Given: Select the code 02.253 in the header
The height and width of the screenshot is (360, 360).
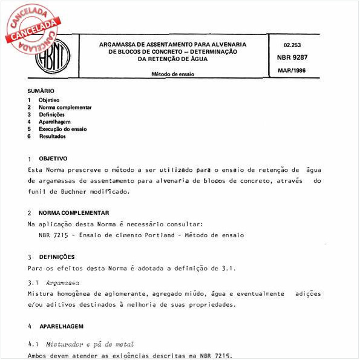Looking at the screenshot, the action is click(x=292, y=46).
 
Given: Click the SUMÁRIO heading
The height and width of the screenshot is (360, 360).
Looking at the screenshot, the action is click(x=41, y=91).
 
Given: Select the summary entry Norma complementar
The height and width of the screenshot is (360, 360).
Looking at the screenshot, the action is click(x=65, y=107).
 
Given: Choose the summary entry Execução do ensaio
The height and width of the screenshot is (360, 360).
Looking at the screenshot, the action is click(x=62, y=129).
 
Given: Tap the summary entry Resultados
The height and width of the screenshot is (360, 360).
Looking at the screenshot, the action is click(x=53, y=136).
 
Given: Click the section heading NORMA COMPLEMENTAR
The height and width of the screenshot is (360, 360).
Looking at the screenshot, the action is click(x=74, y=213).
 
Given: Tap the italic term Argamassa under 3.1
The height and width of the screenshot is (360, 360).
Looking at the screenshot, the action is click(x=64, y=283).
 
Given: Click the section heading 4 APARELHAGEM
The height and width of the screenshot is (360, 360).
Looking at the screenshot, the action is click(x=61, y=326).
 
